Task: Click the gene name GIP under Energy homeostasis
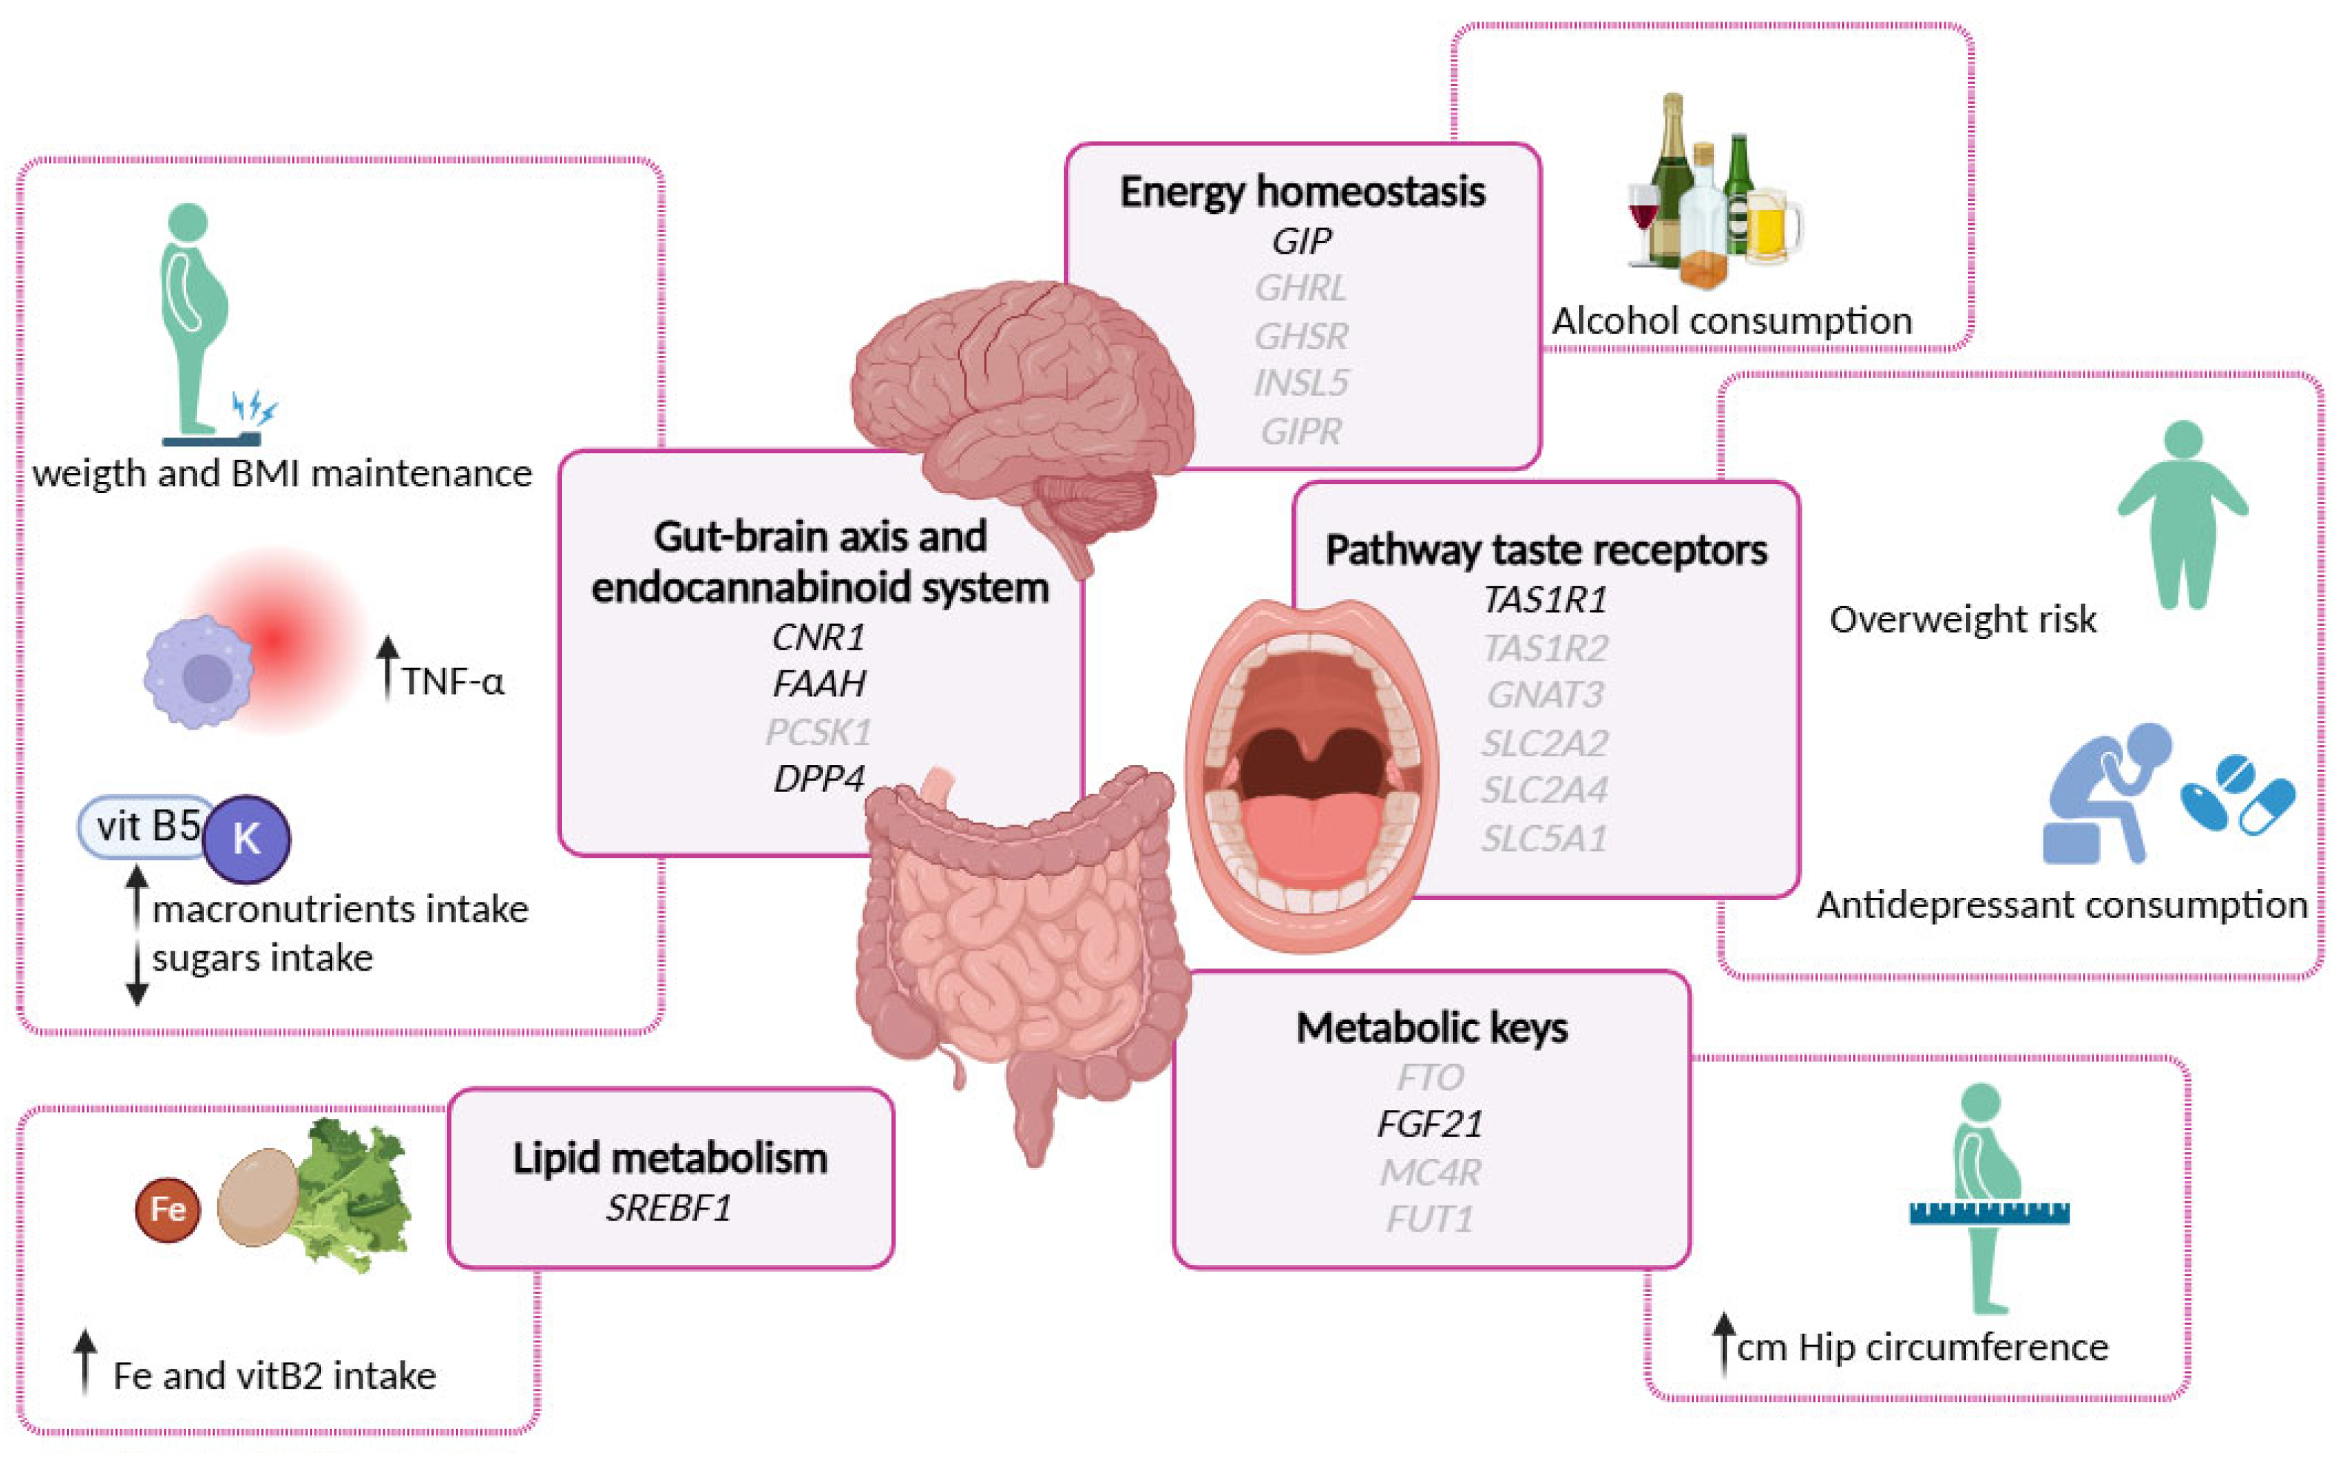tap(1302, 241)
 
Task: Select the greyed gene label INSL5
tap(1302, 383)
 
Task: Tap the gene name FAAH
tap(819, 684)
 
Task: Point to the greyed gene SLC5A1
tap(1544, 839)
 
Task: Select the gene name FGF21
tap(1430, 1123)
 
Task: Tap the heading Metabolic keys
tap(1431, 1028)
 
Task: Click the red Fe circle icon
tap(168, 1209)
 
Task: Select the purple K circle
tap(247, 839)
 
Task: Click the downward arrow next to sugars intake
tap(137, 974)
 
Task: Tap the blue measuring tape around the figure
tap(1990, 1212)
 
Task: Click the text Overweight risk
tap(1962, 620)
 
